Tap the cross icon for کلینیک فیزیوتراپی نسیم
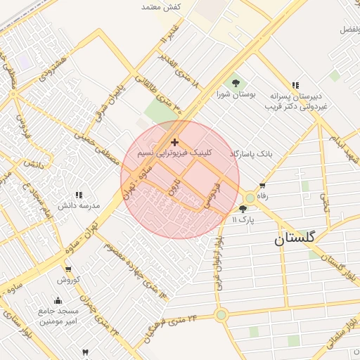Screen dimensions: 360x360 click(175, 142)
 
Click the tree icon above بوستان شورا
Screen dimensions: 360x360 click(236, 84)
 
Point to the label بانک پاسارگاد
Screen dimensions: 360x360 click(250, 153)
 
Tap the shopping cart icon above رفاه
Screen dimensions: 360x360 click(262, 186)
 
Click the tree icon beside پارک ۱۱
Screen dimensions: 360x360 click(243, 209)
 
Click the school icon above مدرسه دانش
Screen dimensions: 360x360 click(79, 195)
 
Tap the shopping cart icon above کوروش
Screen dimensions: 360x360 click(67, 269)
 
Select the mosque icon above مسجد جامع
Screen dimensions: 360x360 click(58, 300)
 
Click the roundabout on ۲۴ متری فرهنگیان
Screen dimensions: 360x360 click(221, 314)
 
